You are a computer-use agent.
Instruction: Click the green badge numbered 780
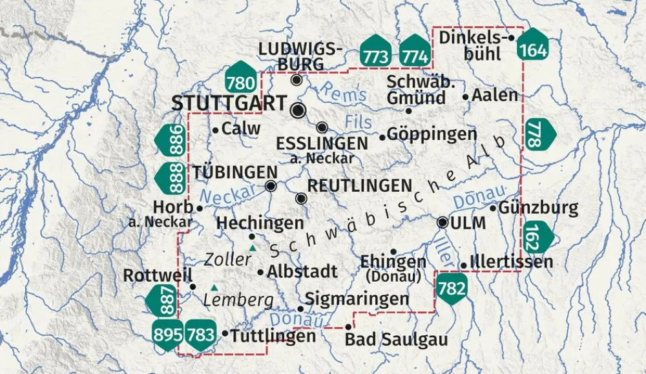click(241, 78)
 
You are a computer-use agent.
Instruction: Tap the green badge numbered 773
click(376, 52)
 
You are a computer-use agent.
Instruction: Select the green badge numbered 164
click(534, 45)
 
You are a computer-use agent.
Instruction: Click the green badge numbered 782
click(452, 288)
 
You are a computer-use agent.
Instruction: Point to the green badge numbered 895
click(167, 334)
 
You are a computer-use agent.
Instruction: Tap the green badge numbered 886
click(171, 140)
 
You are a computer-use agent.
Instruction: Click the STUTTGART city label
click(229, 103)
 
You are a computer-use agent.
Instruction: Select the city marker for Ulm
click(443, 222)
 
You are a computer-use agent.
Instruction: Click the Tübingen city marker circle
click(271, 187)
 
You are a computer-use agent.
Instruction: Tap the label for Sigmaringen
click(357, 298)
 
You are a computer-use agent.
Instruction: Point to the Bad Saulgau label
click(397, 340)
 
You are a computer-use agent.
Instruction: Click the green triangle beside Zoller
click(253, 248)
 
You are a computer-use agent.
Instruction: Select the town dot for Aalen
click(465, 97)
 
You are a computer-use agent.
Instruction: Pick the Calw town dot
click(215, 130)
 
